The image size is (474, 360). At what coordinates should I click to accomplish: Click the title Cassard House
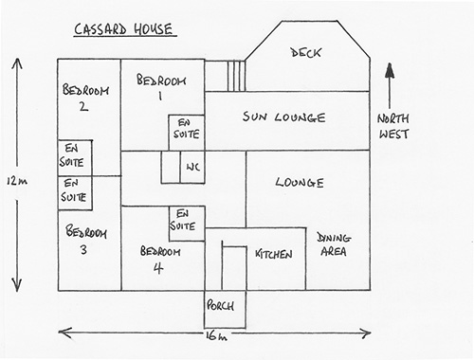124,29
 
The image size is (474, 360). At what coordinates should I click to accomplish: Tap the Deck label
305,53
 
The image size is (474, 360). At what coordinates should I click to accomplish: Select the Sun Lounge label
283,117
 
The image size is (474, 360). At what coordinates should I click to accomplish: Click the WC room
192,167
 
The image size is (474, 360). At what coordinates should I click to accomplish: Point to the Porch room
225,309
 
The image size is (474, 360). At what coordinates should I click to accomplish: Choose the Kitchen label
274,254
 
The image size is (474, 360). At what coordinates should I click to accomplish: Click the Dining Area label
334,244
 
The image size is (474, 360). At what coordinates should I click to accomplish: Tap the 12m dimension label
17,181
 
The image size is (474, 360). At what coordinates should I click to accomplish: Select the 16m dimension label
216,336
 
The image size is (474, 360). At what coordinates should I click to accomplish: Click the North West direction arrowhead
390,70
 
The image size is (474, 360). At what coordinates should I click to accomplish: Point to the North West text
393,126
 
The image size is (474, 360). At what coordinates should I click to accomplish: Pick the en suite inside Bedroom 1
187,133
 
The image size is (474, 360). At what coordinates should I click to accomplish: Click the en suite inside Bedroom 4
187,224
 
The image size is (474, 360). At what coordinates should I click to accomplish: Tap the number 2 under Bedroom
83,106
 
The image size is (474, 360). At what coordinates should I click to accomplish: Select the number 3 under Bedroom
83,249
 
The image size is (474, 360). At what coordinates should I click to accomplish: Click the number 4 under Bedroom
158,268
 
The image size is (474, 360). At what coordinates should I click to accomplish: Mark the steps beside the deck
236,76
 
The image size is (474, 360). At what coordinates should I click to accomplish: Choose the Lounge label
300,182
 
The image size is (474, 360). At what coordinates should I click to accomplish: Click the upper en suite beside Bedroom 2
75,158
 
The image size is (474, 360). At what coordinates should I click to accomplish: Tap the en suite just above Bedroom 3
75,193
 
